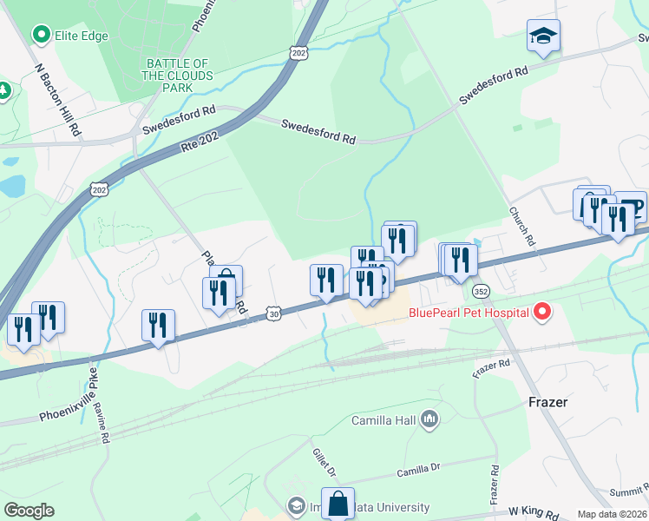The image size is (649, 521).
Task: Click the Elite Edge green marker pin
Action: click(40, 35)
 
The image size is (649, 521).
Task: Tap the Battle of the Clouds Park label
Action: click(177, 76)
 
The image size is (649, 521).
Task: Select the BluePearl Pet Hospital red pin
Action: click(542, 310)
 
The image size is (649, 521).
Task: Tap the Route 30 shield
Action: click(273, 313)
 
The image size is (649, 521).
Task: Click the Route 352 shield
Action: click(482, 290)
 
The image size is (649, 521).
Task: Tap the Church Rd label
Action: click(524, 226)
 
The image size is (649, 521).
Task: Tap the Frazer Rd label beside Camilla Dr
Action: click(493, 486)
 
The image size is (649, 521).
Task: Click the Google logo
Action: click(29, 511)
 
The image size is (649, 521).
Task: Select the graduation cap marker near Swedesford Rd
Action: click(543, 36)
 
